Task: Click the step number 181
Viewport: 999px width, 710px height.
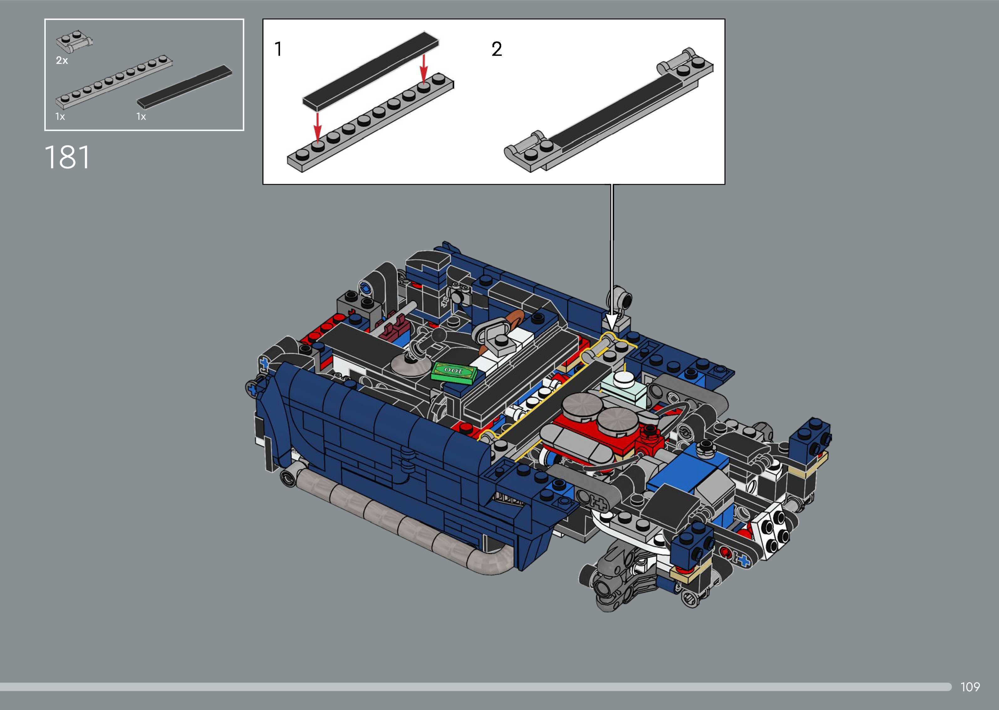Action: (x=67, y=157)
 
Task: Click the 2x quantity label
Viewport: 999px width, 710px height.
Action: (x=62, y=61)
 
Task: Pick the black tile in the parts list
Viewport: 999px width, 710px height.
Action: (x=184, y=87)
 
